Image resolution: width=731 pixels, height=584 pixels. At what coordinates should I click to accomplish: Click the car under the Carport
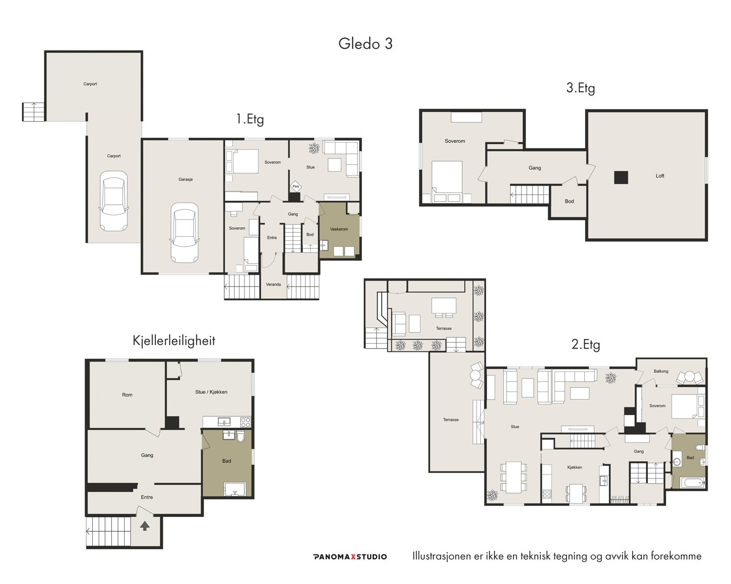point(114,201)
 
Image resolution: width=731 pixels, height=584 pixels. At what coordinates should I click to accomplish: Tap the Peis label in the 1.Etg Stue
point(296,186)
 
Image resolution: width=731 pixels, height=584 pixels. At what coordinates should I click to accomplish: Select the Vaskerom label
point(339,229)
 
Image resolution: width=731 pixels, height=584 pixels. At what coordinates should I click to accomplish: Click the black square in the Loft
point(620,177)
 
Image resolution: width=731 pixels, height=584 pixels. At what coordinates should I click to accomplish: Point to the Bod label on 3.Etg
point(569,201)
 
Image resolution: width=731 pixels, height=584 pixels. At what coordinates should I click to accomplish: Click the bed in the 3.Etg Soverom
point(447,182)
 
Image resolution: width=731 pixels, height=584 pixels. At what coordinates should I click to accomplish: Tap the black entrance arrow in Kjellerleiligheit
point(145,526)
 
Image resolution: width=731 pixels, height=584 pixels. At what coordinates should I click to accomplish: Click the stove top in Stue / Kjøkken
point(245,422)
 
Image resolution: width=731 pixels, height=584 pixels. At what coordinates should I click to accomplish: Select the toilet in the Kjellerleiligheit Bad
point(240,436)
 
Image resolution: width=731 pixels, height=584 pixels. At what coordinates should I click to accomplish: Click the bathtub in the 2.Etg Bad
point(693,482)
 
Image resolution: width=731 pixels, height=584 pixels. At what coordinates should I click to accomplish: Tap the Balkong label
point(661,371)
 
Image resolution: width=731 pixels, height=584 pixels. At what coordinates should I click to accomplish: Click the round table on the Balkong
point(689,377)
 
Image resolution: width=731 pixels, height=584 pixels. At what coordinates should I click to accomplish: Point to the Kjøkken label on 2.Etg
point(574,467)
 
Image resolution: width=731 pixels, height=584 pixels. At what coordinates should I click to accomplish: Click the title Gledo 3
point(365,43)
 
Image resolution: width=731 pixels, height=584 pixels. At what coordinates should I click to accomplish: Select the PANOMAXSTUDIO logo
point(350,557)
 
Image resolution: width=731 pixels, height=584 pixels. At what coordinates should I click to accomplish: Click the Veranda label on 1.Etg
point(273,284)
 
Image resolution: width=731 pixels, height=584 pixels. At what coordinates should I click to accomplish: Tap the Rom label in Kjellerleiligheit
point(127,395)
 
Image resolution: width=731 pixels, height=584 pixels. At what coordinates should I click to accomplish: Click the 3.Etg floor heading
point(581,88)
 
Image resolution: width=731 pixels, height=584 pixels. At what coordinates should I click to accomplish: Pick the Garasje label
point(185,179)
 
